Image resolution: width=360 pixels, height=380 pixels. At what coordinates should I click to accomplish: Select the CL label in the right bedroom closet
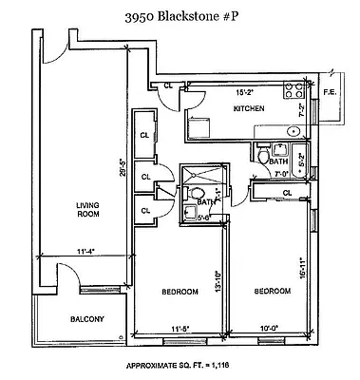(x=286, y=193)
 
